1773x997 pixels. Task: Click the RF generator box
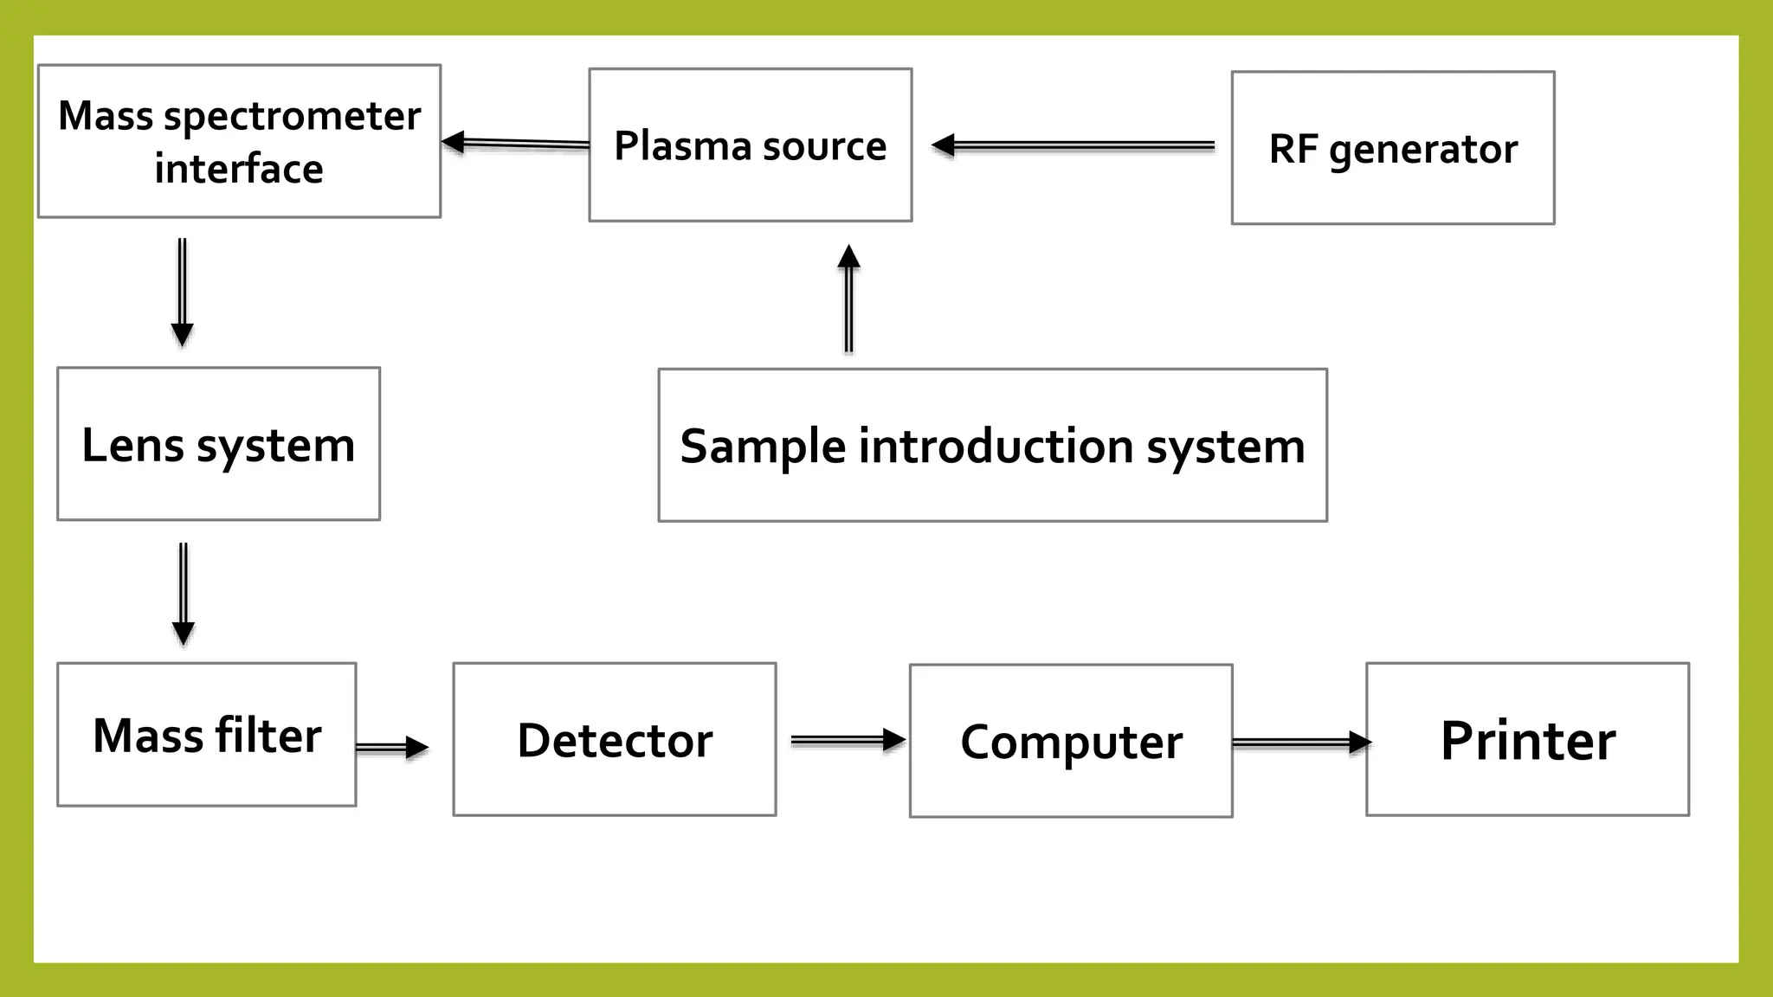click(x=1392, y=148)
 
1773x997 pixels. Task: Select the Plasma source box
click(x=750, y=145)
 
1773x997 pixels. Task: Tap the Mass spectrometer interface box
click(x=239, y=141)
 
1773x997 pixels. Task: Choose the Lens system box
click(x=218, y=444)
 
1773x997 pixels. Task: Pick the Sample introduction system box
click(x=992, y=446)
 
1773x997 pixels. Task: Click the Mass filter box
click(x=206, y=735)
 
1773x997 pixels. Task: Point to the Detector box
click(x=614, y=740)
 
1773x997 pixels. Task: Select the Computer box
click(x=1070, y=742)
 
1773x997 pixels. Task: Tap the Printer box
click(x=1527, y=740)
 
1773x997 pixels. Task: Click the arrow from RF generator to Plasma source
click(x=1073, y=146)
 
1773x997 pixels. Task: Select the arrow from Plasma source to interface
click(x=516, y=144)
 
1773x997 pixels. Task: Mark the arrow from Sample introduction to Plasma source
click(x=849, y=299)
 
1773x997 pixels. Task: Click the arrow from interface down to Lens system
click(x=182, y=293)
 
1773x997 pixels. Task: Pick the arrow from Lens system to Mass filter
click(x=184, y=595)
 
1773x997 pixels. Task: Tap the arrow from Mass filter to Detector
click(x=392, y=748)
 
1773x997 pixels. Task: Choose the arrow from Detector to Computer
click(x=848, y=740)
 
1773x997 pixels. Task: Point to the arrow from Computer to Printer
click(x=1301, y=743)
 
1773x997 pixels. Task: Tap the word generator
click(x=1422, y=150)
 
